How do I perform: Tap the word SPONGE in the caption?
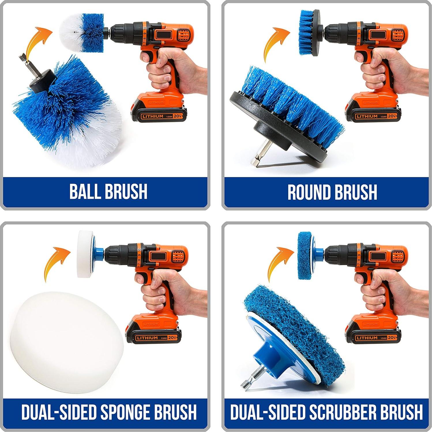click(x=125, y=412)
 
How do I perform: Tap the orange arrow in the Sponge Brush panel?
click(x=56, y=262)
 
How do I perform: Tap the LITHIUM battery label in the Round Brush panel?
click(x=367, y=117)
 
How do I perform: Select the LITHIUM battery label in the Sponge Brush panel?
click(x=147, y=338)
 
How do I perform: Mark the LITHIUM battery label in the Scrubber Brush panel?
click(x=367, y=338)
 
